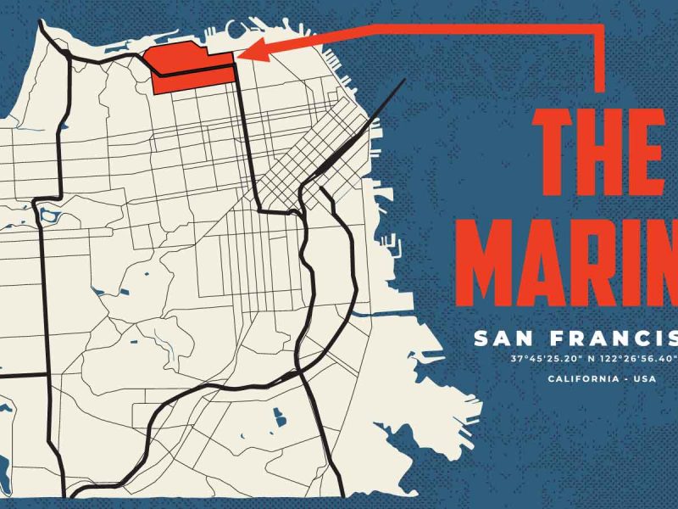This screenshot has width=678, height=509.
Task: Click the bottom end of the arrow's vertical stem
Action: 600,88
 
